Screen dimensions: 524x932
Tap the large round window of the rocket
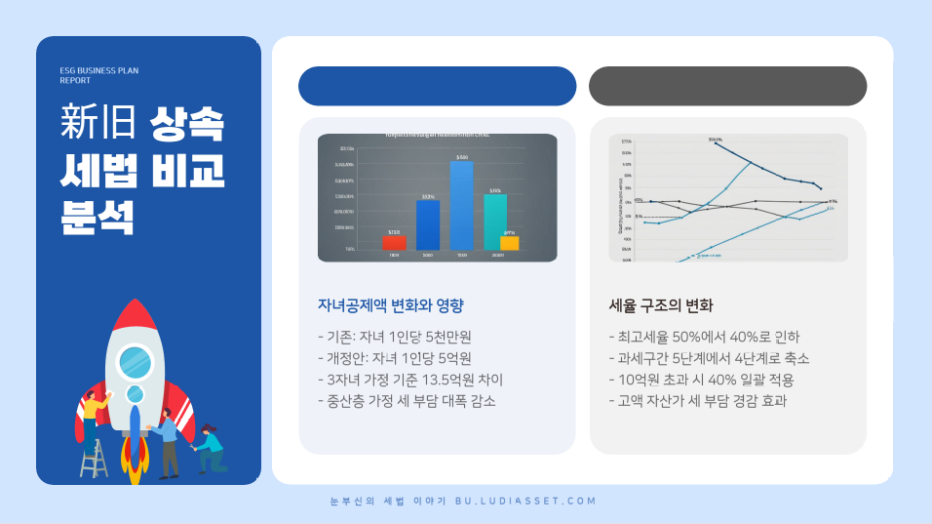coord(136,363)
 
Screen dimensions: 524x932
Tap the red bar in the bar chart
coord(394,242)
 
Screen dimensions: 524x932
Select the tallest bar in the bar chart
coord(461,205)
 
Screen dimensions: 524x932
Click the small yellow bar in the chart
coord(509,243)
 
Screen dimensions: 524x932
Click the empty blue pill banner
coord(437,86)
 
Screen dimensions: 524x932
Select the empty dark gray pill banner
coord(727,86)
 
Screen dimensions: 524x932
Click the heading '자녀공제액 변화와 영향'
coord(391,304)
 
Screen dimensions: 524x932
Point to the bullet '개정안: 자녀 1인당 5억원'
coord(395,358)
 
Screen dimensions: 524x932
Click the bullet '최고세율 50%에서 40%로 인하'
coord(702,337)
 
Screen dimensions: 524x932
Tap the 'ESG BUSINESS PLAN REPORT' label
coord(99,75)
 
